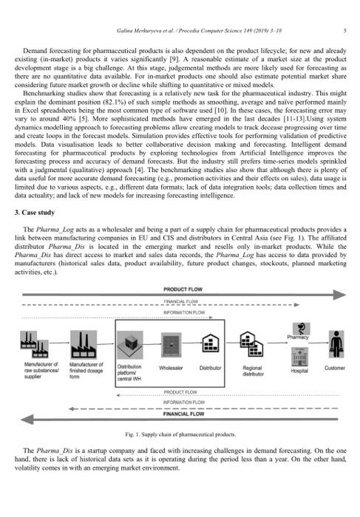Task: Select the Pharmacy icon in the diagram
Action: (301, 329)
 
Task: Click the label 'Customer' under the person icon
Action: (335, 368)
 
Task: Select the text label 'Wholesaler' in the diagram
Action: (171, 368)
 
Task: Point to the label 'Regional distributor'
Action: (256, 371)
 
